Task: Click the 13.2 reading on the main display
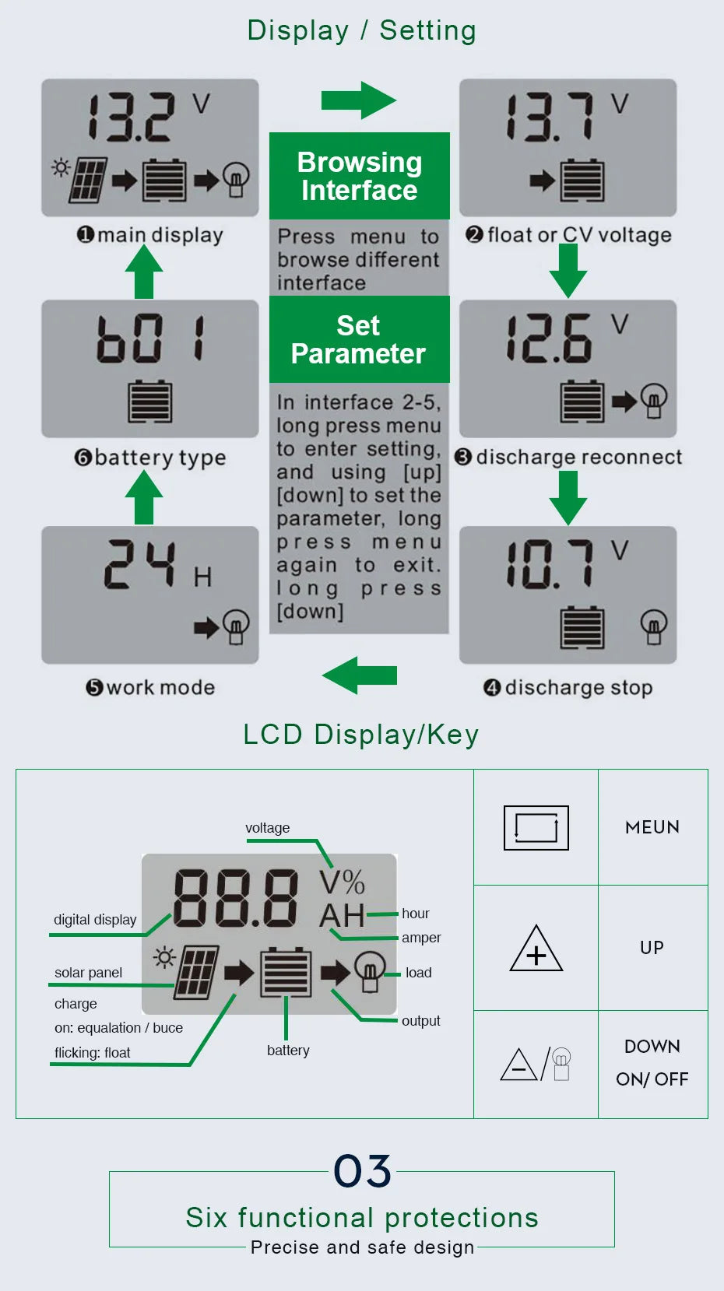click(131, 118)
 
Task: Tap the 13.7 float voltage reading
click(550, 118)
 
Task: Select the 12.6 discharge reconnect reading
click(549, 339)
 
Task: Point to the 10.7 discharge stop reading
click(550, 564)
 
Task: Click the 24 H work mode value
click(140, 564)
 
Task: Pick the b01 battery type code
click(151, 339)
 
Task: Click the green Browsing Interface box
click(359, 176)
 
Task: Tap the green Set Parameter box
click(359, 339)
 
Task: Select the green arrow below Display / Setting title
click(359, 100)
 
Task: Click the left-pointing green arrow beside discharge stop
click(360, 675)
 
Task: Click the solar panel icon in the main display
click(87, 181)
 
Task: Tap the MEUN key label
click(652, 827)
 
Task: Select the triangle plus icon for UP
click(536, 949)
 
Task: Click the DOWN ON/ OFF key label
click(652, 1063)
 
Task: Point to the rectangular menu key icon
click(536, 827)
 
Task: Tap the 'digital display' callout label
click(95, 920)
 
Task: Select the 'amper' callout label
click(421, 938)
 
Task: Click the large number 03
click(362, 1171)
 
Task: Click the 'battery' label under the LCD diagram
click(288, 1051)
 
